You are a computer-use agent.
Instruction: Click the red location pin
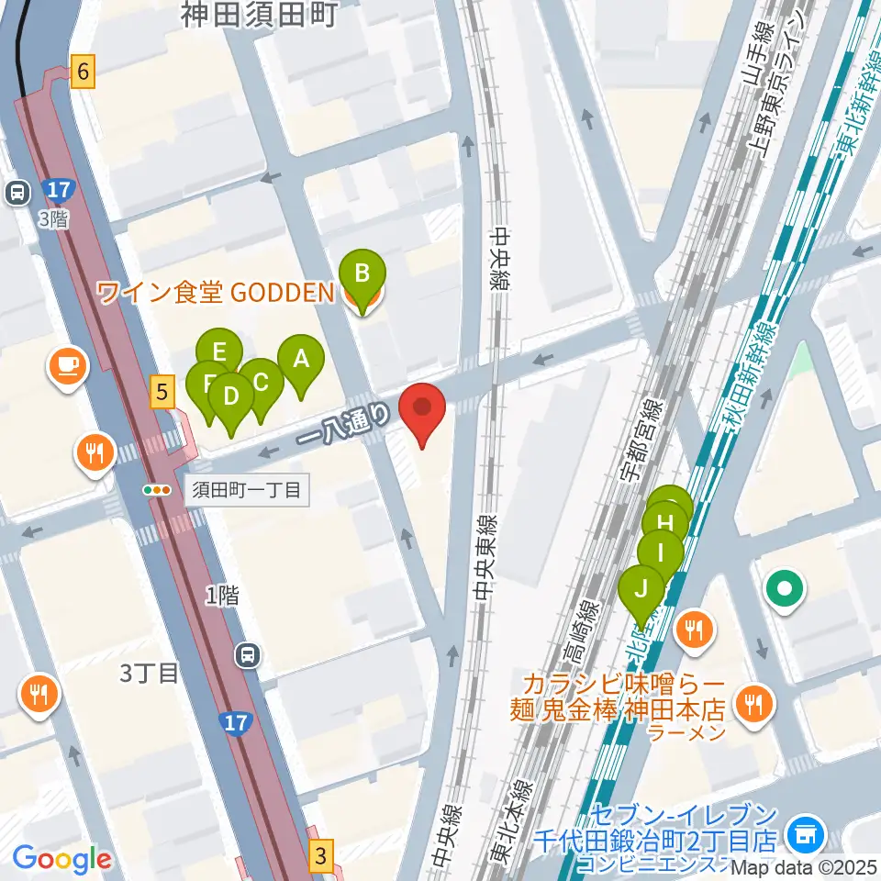[421, 410]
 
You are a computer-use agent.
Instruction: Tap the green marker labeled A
[300, 361]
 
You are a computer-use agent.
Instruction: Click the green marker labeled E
[219, 351]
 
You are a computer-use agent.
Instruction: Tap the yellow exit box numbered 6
[84, 72]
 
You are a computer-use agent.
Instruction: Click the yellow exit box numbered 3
[320, 857]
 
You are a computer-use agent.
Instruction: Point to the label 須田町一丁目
[246, 490]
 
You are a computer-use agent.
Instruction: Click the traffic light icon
[157, 490]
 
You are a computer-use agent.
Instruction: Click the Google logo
[61, 859]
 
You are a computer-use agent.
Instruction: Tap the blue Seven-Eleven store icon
[809, 834]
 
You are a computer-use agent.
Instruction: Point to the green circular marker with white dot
[786, 588]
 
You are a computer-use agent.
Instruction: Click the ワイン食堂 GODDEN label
[215, 293]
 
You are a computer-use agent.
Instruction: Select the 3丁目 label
[148, 675]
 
